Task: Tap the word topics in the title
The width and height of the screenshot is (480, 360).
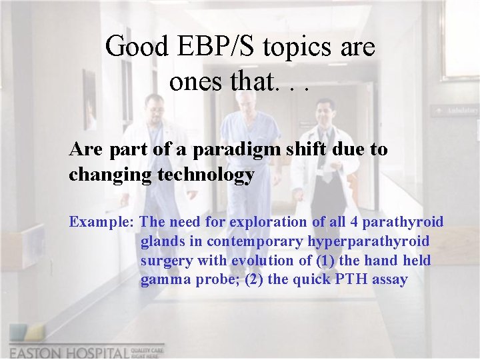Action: (x=295, y=47)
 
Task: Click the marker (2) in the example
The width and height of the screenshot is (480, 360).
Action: (x=254, y=280)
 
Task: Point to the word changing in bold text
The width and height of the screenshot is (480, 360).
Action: (x=103, y=175)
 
